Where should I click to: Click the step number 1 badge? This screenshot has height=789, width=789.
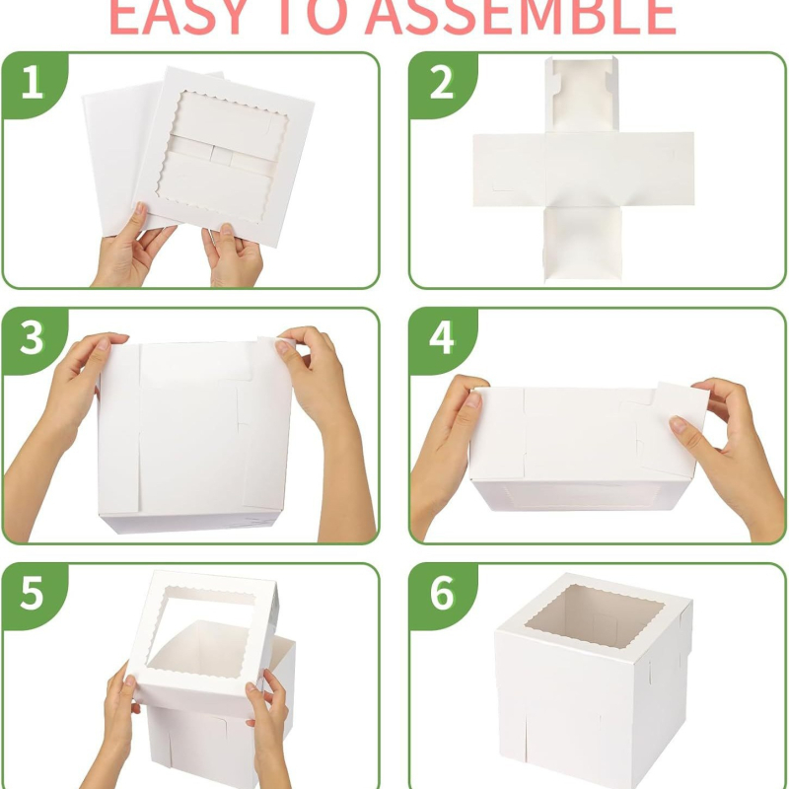pos(33,83)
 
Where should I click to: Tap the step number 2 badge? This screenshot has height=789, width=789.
pos(441,83)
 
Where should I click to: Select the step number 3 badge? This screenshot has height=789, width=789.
pos(33,338)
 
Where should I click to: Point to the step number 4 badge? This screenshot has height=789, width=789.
pos(441,338)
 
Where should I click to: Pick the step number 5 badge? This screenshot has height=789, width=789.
pos(33,595)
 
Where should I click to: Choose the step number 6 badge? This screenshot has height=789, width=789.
pos(441,595)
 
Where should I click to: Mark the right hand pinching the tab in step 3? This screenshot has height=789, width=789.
pos(316,375)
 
